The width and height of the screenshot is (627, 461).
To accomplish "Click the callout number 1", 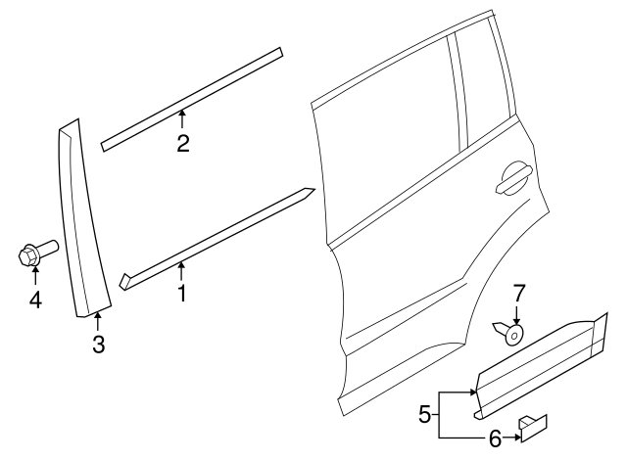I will coord(181,292).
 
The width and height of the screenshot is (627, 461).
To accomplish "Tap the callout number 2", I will coord(182,144).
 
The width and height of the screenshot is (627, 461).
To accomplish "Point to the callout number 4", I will coord(35,300).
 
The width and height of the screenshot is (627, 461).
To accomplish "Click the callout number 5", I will coord(424,415).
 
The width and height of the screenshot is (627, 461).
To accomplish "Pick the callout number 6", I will coord(495,439).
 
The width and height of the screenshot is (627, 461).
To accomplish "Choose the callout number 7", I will coord(520,292).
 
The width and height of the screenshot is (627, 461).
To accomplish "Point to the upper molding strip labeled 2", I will coord(192,97).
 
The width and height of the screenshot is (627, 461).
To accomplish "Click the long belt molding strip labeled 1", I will coord(216,239).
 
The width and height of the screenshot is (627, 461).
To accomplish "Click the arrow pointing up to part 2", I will coord(182,121).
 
